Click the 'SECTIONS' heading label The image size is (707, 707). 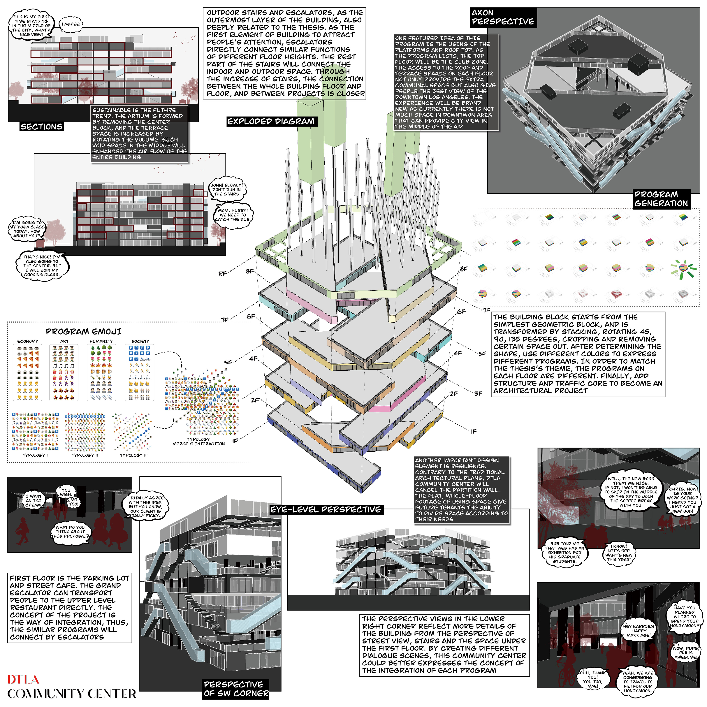41,127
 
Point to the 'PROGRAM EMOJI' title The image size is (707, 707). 83,332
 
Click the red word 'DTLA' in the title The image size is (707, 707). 23,680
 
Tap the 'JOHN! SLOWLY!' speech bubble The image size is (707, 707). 226,190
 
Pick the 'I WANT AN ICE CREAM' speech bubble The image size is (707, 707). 34,501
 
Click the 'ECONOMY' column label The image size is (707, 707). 28,341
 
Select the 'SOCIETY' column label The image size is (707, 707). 140,341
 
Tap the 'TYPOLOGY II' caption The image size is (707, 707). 85,455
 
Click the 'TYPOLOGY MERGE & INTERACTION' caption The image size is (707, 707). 199,441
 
